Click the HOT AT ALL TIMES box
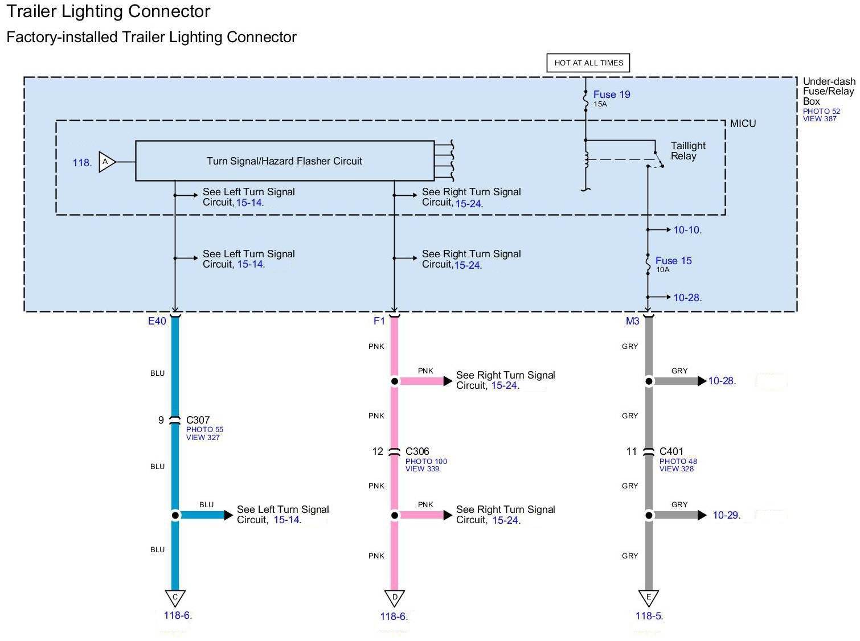click(588, 63)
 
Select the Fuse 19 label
click(611, 94)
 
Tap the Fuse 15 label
click(673, 261)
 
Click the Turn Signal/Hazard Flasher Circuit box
click(284, 161)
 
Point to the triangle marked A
click(107, 162)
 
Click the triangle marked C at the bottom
click(175, 597)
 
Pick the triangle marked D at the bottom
click(394, 597)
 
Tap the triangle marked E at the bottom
click(648, 597)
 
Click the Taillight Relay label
click(687, 151)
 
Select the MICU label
click(743, 124)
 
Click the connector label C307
click(198, 420)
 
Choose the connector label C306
click(417, 451)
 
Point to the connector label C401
click(671, 451)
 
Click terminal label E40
click(157, 321)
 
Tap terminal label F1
click(379, 321)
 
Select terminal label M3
click(632, 321)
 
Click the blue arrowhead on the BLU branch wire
click(229, 515)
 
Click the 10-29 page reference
click(726, 515)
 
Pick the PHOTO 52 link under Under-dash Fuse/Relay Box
click(821, 112)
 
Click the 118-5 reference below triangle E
click(649, 615)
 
